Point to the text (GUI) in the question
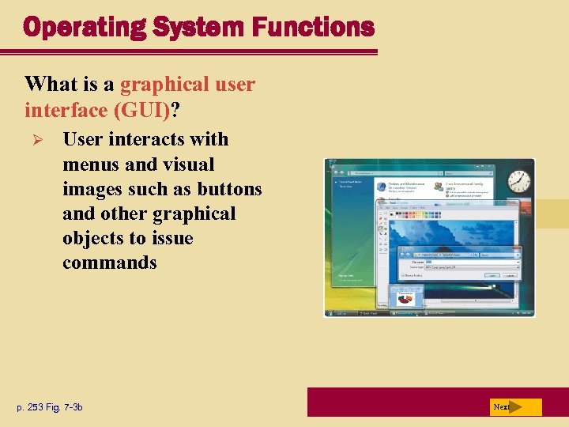tap(141, 108)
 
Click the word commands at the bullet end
tap(110, 263)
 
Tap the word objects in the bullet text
tap(92, 238)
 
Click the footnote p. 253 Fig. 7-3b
tap(49, 407)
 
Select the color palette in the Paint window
tap(418, 213)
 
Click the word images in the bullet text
tap(92, 189)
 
